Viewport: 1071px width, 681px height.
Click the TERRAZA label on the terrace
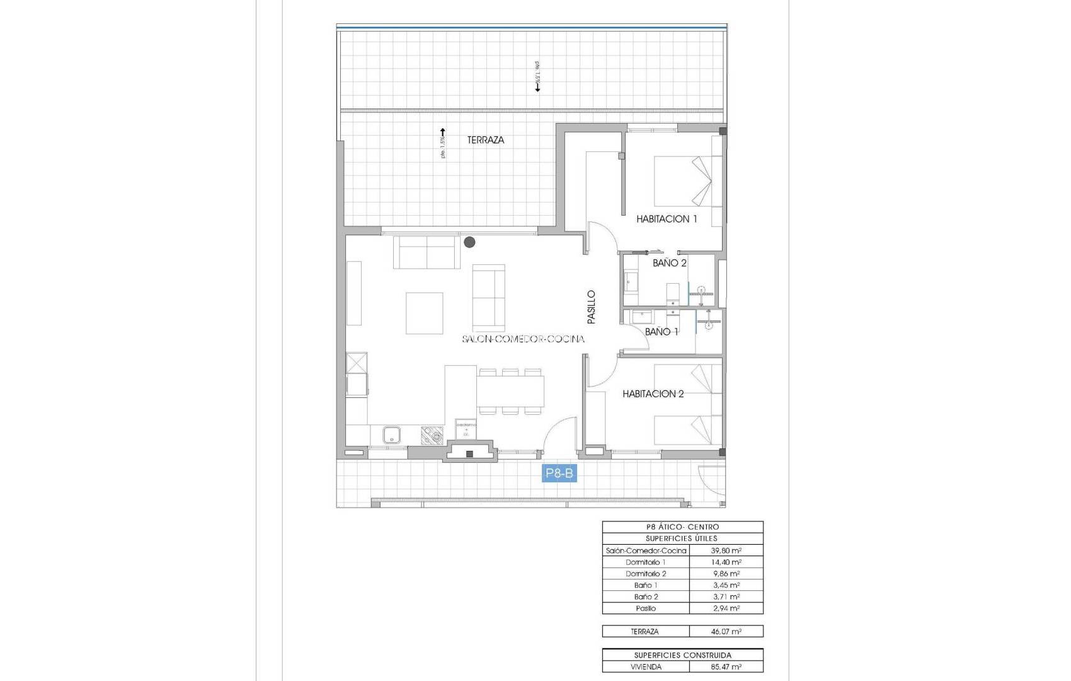point(485,140)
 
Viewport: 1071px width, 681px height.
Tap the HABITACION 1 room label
point(667,219)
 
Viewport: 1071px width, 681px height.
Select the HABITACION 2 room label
point(653,394)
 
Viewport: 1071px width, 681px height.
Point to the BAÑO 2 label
point(669,263)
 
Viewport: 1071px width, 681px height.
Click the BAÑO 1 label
point(661,332)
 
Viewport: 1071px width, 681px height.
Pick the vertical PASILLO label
point(591,307)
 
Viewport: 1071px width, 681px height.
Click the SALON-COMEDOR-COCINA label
point(523,339)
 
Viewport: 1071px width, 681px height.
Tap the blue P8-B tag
point(559,473)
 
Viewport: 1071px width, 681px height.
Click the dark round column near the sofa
point(469,242)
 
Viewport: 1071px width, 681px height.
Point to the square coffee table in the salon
point(424,313)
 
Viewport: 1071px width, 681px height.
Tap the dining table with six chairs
point(510,391)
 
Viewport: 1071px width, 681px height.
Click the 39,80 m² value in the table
point(726,550)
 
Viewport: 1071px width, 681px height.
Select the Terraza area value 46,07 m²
point(726,631)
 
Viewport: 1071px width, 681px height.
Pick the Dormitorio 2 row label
point(645,574)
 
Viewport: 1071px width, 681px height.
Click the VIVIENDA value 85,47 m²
point(726,666)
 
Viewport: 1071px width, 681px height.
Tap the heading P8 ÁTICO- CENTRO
point(682,527)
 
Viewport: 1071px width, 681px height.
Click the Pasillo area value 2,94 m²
point(726,608)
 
